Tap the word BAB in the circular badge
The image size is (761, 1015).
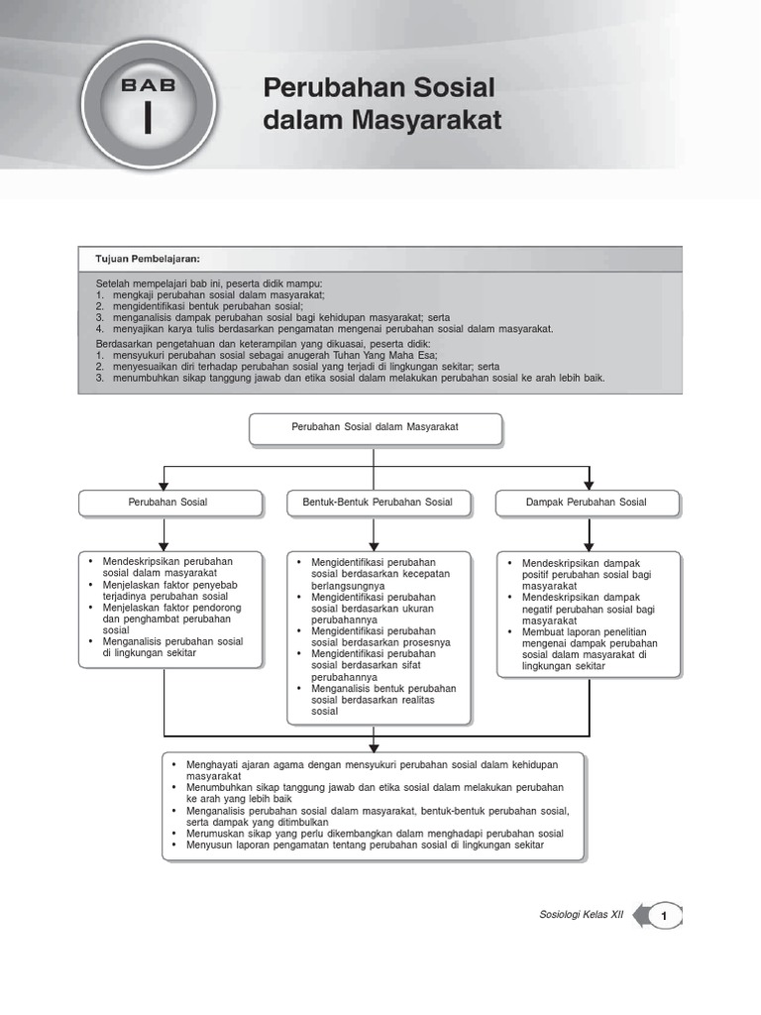(148, 85)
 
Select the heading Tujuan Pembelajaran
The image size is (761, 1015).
(147, 259)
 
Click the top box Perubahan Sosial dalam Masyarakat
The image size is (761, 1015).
(375, 429)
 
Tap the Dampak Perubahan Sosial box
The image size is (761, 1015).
(586, 503)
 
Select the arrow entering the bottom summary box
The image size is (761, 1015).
(374, 742)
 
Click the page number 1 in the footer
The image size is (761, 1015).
(665, 917)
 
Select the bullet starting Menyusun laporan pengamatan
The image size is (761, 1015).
(364, 845)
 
